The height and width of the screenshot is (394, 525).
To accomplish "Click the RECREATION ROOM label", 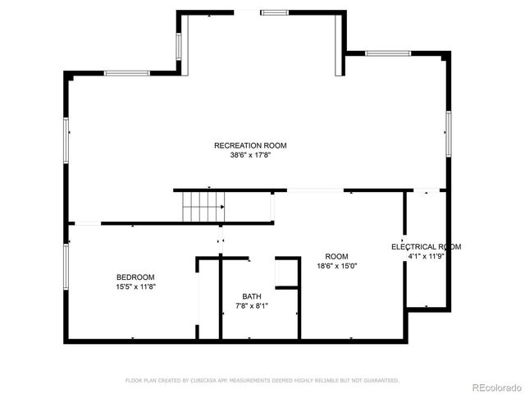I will coord(250,145).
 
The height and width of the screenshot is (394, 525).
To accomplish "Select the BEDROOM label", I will coord(135,277).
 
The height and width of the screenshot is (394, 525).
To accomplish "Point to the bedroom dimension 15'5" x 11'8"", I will coord(135,286).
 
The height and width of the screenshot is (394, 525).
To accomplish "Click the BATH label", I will coord(252,296).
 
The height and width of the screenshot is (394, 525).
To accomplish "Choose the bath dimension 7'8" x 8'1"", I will coord(252,306).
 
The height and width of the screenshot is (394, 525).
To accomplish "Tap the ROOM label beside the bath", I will coord(336,256).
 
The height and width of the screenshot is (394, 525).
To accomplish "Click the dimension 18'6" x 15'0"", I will coord(336,266).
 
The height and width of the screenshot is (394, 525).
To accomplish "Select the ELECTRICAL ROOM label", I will coord(426,246).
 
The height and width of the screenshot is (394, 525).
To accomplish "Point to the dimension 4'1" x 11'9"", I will coord(426,256).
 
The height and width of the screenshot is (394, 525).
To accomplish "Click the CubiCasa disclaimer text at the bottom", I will coord(262,381).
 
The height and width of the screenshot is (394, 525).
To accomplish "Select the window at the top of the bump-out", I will coord(274,11).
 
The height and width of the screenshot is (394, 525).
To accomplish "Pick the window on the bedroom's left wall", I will coord(66,266).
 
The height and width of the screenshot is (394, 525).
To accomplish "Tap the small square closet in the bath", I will coord(286,273).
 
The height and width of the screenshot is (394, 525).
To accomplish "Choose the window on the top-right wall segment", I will coord(388,53).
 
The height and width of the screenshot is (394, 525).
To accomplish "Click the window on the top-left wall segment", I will coord(127,74).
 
